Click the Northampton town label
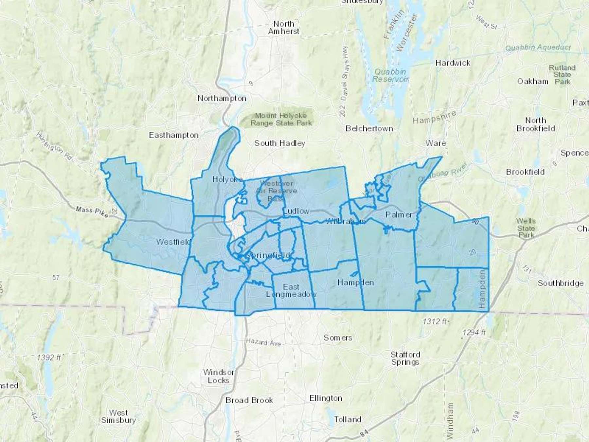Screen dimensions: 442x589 coord(222,99)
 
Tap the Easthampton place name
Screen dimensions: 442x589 coord(174,135)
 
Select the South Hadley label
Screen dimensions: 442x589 coord(280,143)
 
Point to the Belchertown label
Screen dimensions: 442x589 coord(369,129)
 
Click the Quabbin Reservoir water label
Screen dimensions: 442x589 coord(390,75)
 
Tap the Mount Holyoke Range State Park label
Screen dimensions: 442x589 coord(281,120)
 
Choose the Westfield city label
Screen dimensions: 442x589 coord(173,242)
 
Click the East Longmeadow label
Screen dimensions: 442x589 coord(291,291)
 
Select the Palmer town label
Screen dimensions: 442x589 coord(399,215)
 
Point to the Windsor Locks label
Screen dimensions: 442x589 coord(219,377)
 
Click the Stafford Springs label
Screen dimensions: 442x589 coord(405,358)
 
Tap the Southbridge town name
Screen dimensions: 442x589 coord(561,283)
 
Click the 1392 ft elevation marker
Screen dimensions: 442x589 coord(49,357)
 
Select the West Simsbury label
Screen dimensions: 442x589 coord(118,416)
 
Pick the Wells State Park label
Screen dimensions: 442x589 coord(526,228)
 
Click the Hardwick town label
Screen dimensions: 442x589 coord(453,63)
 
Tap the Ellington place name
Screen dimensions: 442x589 coord(326,398)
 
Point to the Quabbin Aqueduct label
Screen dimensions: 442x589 coord(538,48)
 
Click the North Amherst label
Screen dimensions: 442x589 coord(284,28)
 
